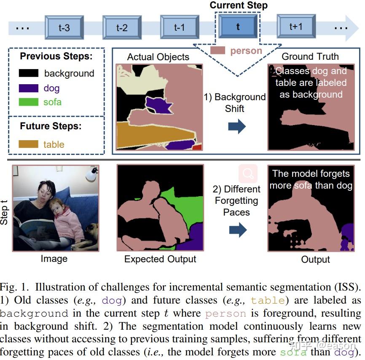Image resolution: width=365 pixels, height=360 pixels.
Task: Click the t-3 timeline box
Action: coord(64,28)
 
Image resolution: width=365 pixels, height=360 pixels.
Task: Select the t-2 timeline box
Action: coord(122,28)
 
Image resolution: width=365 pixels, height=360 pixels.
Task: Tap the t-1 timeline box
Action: coord(180,28)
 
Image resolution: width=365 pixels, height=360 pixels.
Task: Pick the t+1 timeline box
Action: coord(296,27)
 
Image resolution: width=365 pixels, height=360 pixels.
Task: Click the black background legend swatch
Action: coord(29,73)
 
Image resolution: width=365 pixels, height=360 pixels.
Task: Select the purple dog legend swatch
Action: coord(29,88)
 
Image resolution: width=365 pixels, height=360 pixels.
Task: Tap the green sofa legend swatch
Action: coord(29,102)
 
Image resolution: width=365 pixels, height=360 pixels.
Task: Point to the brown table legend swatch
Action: coord(29,144)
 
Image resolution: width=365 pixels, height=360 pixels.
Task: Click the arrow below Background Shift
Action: coord(236,126)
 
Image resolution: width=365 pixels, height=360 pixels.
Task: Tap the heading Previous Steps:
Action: coord(56,56)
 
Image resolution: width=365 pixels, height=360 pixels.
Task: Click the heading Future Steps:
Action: coord(51,126)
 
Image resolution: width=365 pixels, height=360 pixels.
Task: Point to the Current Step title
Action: coord(239,5)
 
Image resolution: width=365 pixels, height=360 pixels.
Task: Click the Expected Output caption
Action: coord(160,259)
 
